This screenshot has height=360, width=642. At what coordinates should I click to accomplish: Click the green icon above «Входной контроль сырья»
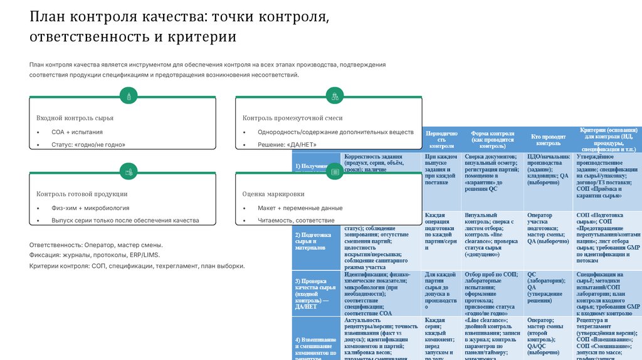pos(129,96)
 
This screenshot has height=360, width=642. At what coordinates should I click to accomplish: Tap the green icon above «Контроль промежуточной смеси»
pos(335,96)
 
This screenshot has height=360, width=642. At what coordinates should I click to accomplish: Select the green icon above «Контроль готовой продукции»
pos(129,171)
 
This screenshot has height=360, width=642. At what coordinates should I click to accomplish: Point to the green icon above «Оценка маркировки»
pos(335,171)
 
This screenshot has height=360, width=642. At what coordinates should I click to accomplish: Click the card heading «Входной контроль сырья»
pos(75,118)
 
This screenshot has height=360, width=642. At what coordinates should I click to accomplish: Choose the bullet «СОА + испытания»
pos(77,132)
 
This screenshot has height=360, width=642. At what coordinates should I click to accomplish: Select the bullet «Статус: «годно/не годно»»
pos(88,145)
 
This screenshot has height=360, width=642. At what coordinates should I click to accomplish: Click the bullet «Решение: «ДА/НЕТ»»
pos(287,145)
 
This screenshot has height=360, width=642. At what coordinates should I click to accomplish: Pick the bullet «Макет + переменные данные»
pos(300,208)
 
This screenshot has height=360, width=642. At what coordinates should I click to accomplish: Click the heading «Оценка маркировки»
pos(273,194)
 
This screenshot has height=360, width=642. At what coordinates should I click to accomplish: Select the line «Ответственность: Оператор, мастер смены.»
pos(96,245)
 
